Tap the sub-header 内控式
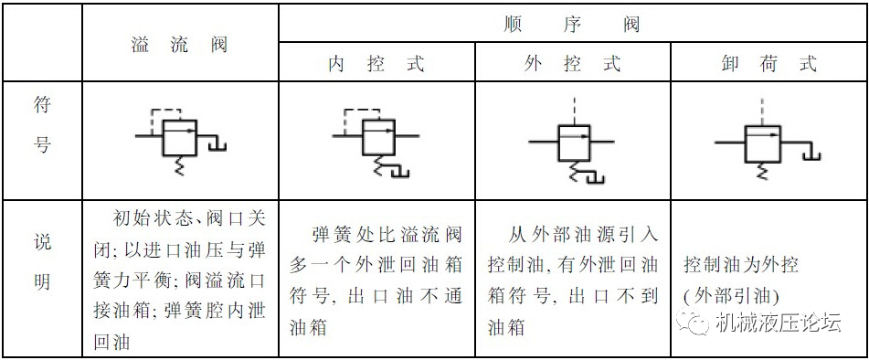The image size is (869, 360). [x=376, y=64]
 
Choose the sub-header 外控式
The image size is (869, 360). [x=573, y=64]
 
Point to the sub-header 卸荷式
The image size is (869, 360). [x=768, y=64]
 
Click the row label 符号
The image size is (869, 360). [x=42, y=125]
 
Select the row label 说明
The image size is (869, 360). [x=42, y=263]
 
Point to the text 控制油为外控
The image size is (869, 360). [x=741, y=265]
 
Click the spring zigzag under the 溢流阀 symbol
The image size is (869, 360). [x=178, y=165]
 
